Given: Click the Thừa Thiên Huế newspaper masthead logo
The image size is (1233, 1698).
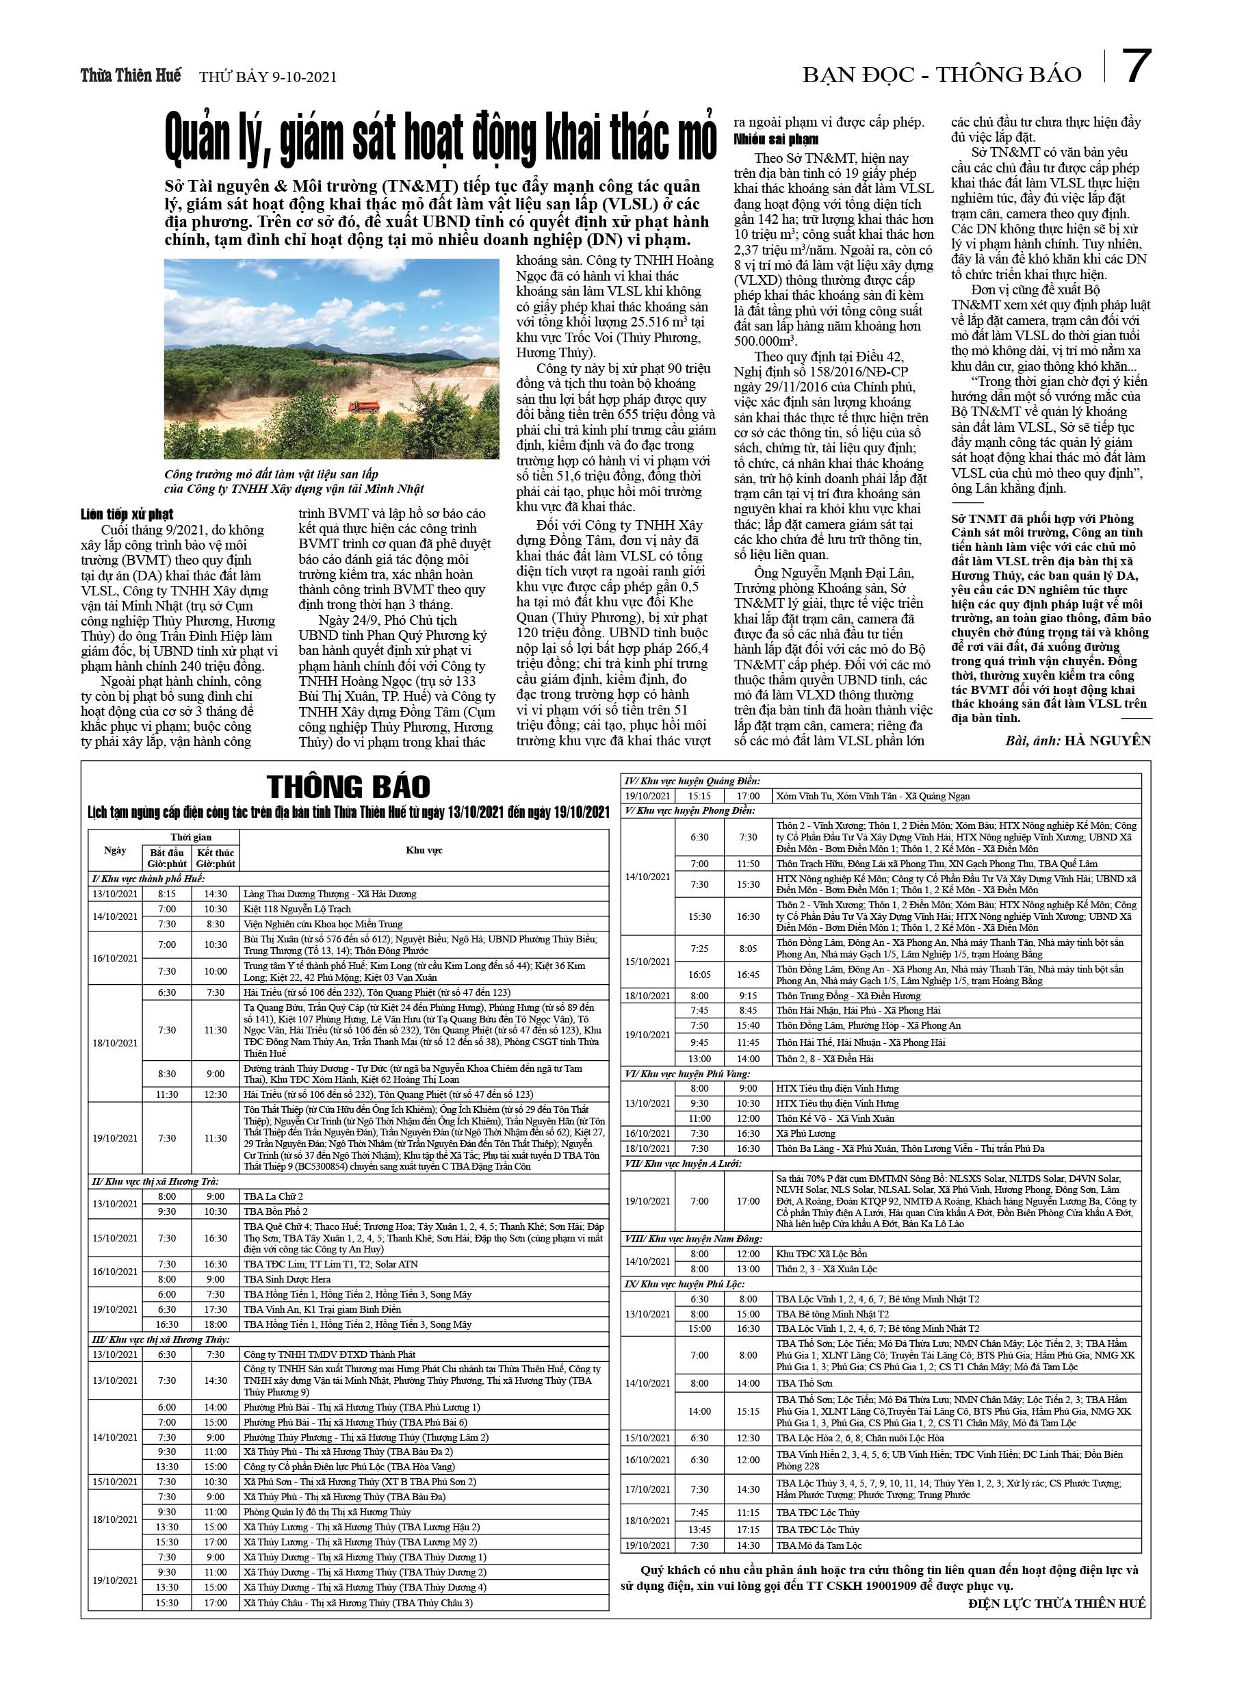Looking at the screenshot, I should pos(131,75).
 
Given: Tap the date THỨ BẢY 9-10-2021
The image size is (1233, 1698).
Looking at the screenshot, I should pos(268,77).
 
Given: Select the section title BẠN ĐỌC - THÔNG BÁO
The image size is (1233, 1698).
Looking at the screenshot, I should pos(942,75).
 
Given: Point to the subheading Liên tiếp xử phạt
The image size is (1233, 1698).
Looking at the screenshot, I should pos(127,515).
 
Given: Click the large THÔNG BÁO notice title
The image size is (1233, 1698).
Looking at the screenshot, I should pos(349,787).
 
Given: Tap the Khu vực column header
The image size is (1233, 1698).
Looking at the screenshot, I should pos(424,851).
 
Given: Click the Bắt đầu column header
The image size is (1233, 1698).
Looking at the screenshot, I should pos(167,858).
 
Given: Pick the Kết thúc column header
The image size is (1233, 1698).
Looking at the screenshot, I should pos(216,858).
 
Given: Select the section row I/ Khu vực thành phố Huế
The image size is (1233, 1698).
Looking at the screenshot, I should pos(148,879).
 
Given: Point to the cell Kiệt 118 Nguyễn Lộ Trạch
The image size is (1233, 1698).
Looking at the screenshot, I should pos(297,909).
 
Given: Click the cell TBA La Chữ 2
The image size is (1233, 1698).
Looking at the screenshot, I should pos(273,1196).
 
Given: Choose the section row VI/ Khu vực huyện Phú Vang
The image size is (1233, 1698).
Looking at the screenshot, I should pos(687,1074).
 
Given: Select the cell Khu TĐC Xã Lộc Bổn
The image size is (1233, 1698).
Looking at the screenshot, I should pos(821,1254).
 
